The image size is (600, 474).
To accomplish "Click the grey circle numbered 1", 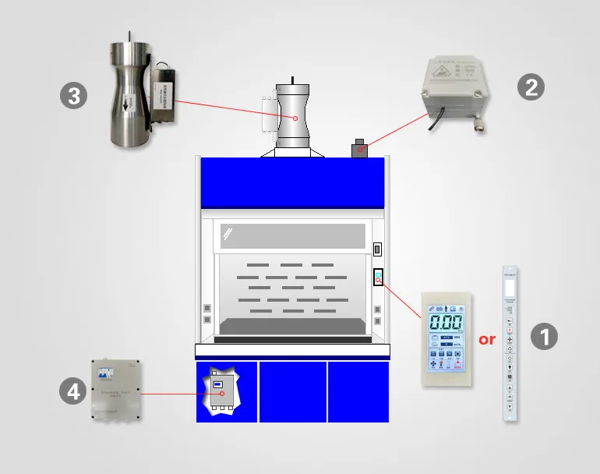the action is pos(545,337).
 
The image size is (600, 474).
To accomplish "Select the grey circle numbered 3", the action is pos(73,97).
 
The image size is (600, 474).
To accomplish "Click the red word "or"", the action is pos(487,339).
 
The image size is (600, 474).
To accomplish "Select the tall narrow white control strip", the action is pos(510,344).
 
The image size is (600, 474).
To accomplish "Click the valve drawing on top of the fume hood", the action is pos(293,117).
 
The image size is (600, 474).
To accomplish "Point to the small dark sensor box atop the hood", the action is pos(359,148).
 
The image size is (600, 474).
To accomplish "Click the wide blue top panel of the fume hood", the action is pos(293,182).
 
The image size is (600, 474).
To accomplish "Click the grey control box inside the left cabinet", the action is pos(222,391).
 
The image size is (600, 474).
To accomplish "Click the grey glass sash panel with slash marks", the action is pos(293,235).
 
